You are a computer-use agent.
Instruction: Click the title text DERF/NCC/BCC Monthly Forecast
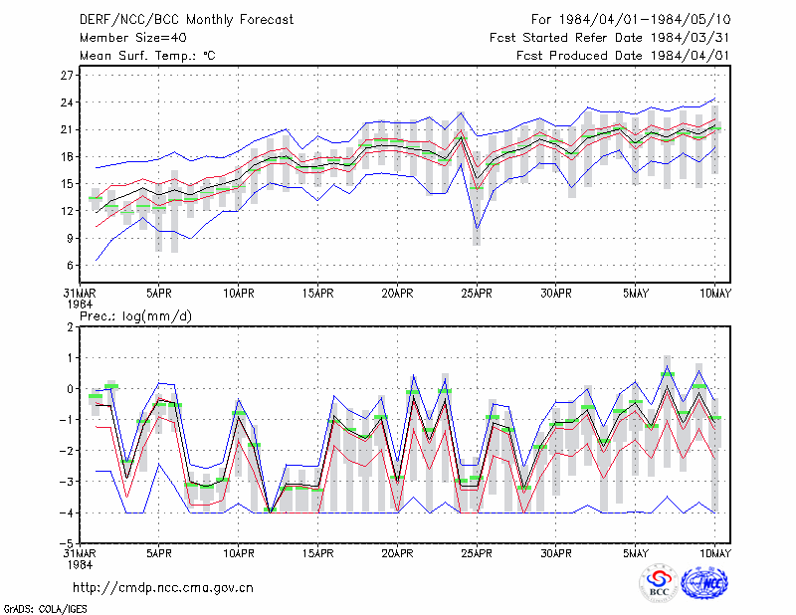[186, 20]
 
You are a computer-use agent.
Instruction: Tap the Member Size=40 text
[133, 38]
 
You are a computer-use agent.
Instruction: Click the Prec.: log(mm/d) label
[135, 316]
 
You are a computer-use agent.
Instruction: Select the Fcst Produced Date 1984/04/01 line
[623, 56]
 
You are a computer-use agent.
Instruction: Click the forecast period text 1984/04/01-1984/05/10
[645, 20]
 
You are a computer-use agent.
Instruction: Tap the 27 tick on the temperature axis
[67, 76]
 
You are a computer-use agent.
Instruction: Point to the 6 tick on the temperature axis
[70, 265]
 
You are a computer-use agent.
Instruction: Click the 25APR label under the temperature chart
[477, 293]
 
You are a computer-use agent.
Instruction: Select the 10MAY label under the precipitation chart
[714, 553]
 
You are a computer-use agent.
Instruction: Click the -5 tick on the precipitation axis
[67, 543]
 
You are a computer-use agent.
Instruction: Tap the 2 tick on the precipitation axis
[70, 327]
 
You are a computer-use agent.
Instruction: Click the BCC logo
[659, 583]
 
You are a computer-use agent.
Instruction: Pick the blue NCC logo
[704, 583]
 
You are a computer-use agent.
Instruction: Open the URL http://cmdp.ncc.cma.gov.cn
[163, 588]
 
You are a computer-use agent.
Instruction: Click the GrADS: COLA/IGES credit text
[45, 609]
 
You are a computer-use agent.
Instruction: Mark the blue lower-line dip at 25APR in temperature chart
[477, 229]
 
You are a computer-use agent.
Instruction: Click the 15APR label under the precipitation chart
[317, 553]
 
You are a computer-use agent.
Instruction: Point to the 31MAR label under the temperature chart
[80, 293]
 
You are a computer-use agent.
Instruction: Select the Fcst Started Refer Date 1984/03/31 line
[610, 38]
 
